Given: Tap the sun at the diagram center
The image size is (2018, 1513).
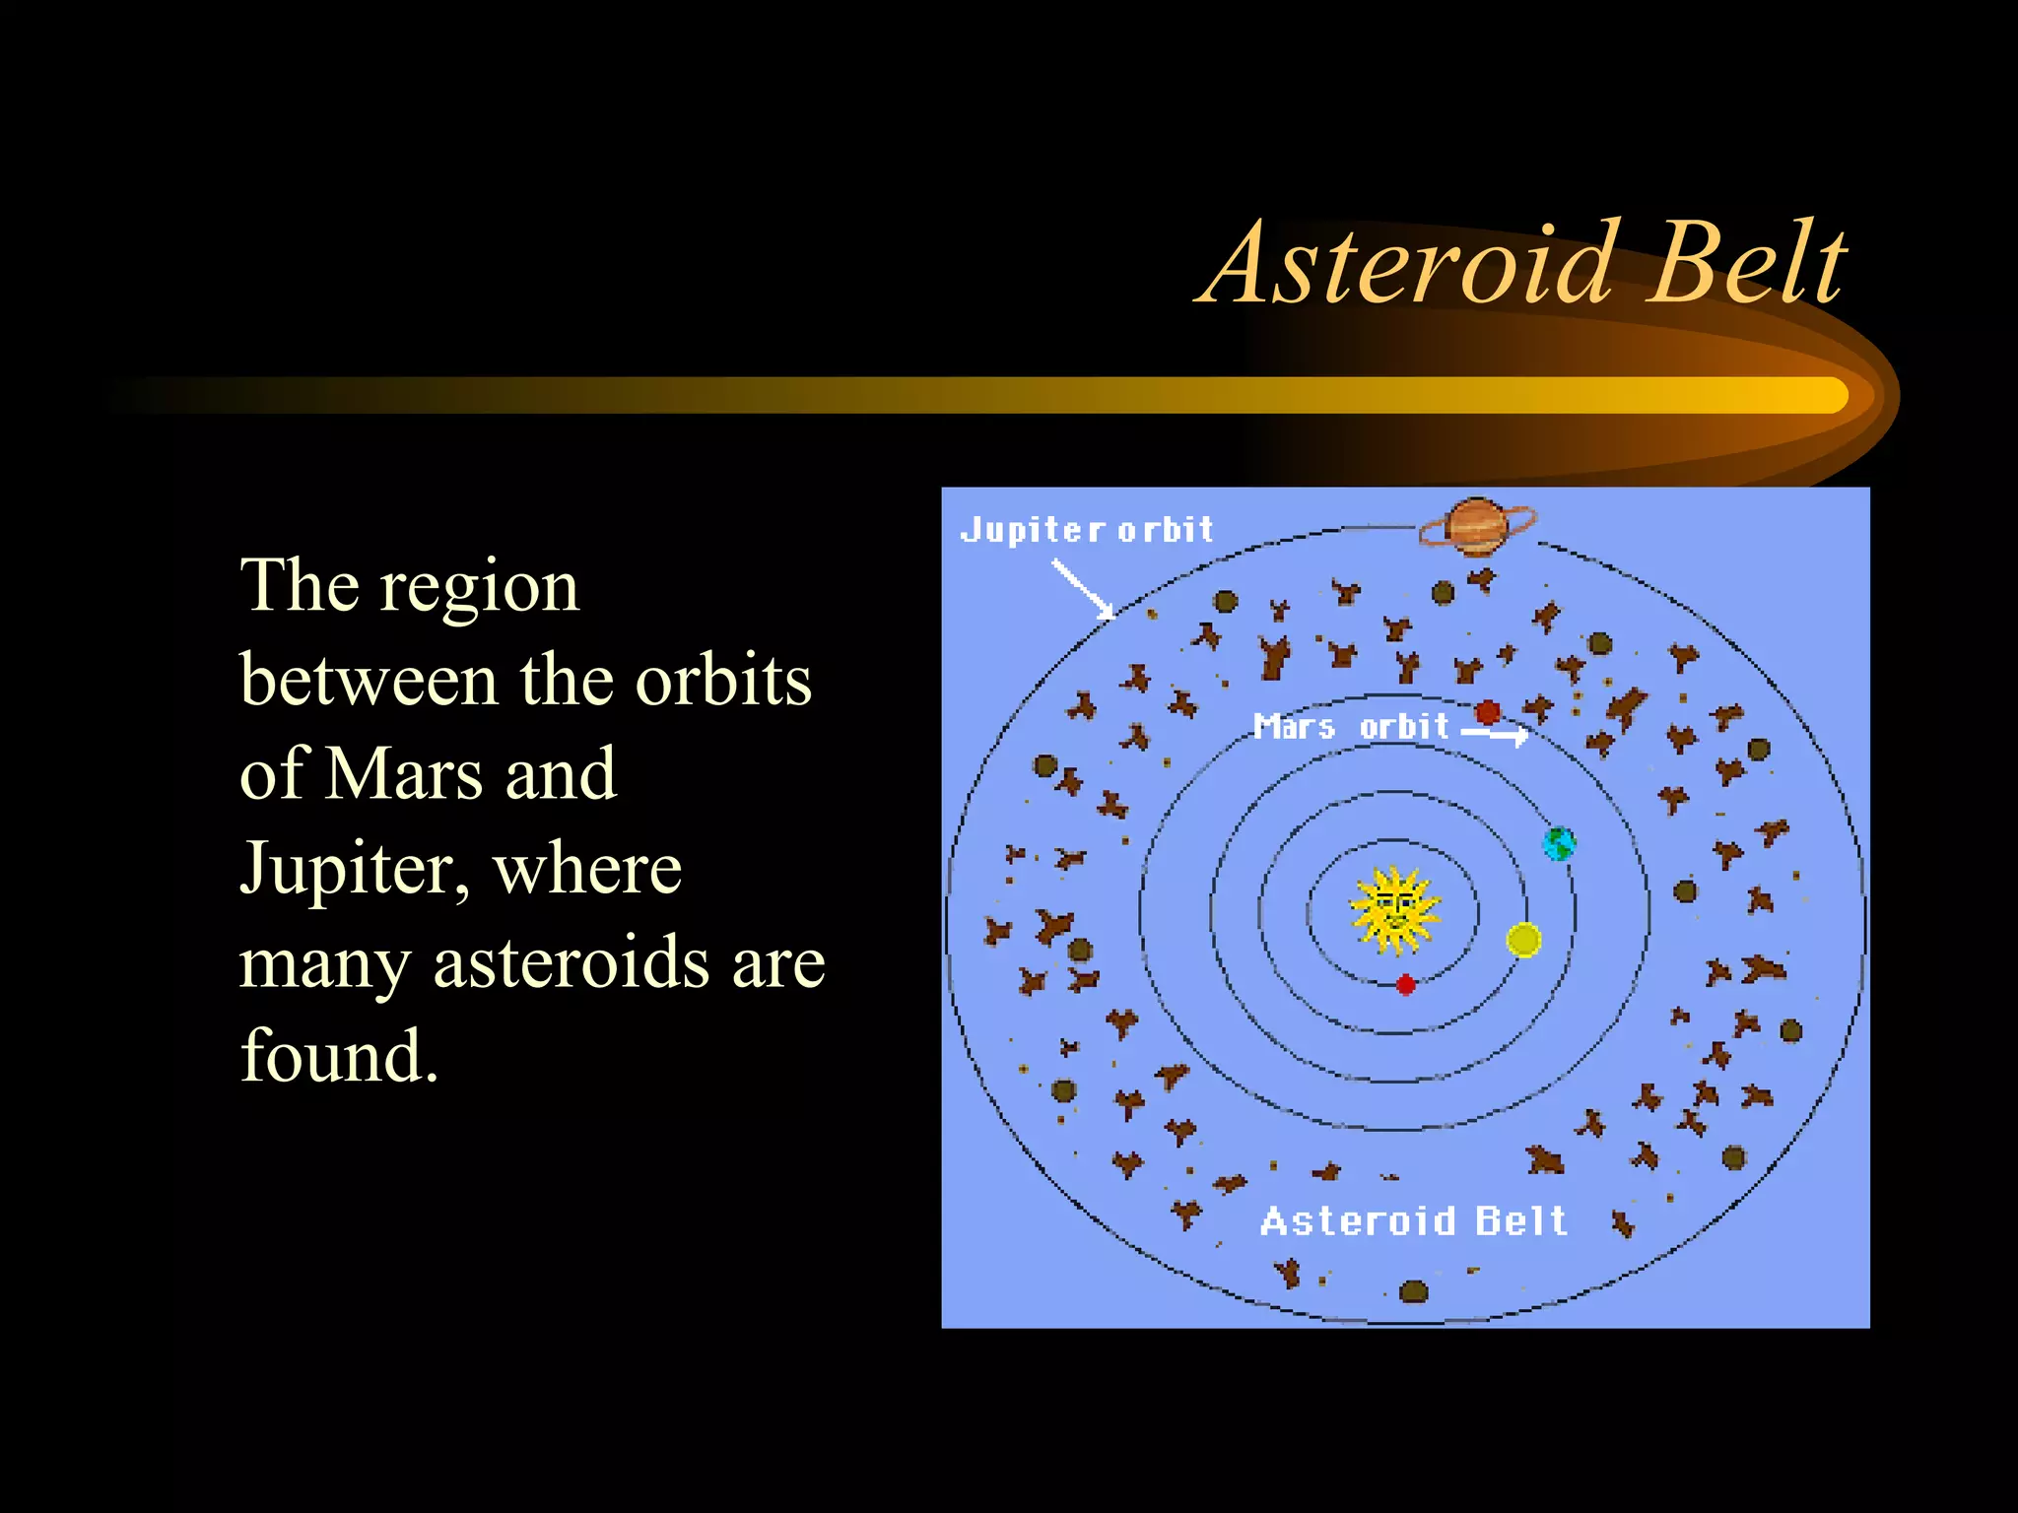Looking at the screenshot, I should pos(1393,910).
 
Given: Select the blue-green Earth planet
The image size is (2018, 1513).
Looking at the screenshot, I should pos(1558,843).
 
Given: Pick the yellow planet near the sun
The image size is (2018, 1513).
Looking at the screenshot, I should pos(1523,940).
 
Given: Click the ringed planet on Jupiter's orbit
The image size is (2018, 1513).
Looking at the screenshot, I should pos(1476,526).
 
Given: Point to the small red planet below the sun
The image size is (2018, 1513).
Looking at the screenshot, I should pos(1406,984).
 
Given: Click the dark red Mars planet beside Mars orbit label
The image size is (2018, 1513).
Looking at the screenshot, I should pos(1488,711).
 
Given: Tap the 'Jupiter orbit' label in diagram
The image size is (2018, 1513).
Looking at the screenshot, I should pos(1086,530).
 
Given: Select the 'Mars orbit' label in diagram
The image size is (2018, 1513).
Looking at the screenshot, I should pos(1351,727).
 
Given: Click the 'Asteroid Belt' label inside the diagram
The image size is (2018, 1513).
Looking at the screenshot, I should pos(1413,1221).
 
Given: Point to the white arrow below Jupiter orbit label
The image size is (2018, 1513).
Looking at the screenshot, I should pos(1082,588).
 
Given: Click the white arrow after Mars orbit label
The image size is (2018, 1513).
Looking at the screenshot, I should pos(1495,733).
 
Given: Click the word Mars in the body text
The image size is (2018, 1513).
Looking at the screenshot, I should pos(404,774).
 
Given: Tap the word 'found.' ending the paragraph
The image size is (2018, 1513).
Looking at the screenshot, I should pos(339,1056).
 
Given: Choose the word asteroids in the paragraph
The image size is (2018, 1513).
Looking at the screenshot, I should pos(572,963).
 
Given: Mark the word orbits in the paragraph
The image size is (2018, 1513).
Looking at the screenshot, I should pos(723,680).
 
